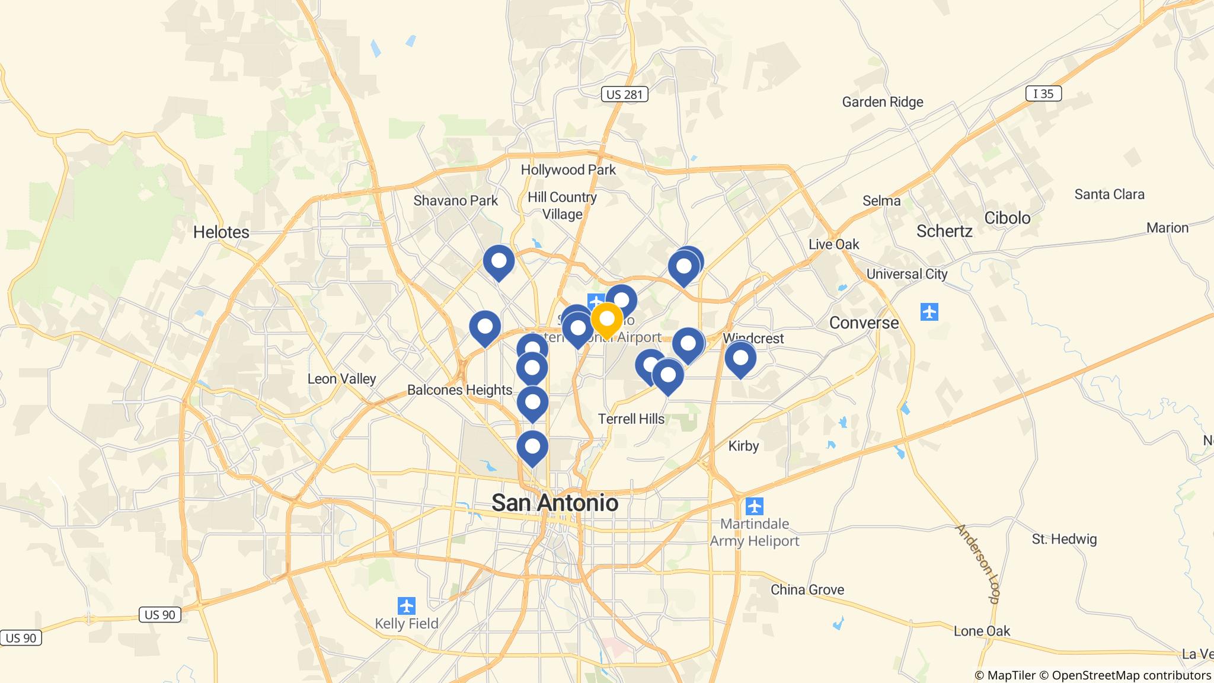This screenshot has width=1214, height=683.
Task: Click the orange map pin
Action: point(606,320)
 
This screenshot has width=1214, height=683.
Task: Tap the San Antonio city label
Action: point(555,503)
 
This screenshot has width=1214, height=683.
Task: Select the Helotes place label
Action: point(221,232)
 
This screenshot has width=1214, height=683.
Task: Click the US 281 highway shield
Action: point(625,94)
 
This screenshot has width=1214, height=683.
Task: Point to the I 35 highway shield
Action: point(1043,93)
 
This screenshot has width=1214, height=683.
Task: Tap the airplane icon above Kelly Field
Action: point(407,606)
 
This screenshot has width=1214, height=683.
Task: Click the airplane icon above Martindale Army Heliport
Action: point(754,506)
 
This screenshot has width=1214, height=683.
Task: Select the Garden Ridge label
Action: point(883,102)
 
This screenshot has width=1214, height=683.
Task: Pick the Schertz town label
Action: point(944,231)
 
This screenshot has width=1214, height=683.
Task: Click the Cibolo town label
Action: point(1007,218)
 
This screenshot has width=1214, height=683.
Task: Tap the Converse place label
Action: point(864,323)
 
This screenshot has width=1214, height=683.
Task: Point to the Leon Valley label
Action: point(341,378)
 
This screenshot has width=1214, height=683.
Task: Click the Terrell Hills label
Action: point(631,419)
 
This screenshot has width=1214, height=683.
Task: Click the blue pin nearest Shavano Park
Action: point(499,261)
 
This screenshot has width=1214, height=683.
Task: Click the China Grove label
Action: point(807,589)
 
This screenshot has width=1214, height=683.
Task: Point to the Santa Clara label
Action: point(1109,194)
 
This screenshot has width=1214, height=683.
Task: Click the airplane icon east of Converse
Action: point(929,311)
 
